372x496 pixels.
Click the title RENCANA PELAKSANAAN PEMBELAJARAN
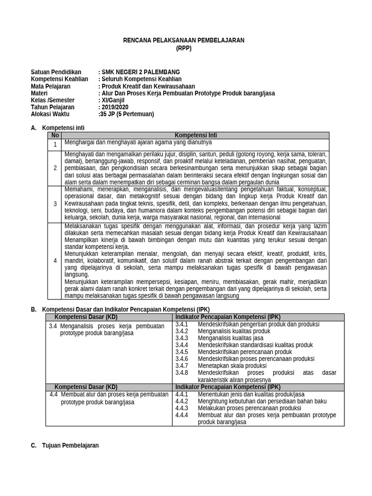tap(184, 40)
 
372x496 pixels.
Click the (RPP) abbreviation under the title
tap(184, 48)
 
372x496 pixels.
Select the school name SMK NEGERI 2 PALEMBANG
tap(140, 72)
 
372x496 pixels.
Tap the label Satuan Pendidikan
tap(56, 72)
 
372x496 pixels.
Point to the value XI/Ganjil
tap(112, 100)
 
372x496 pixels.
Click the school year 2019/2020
tap(114, 107)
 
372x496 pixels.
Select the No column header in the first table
tap(55, 136)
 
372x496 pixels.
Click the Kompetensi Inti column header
tap(196, 136)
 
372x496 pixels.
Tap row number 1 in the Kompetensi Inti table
tap(55, 144)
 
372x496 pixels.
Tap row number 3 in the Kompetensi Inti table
tap(55, 204)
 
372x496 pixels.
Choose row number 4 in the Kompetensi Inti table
tap(55, 261)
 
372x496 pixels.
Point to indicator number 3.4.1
tap(182, 324)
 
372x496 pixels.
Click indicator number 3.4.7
tap(182, 366)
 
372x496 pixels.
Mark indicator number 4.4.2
tap(182, 401)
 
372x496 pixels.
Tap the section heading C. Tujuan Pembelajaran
tap(64, 445)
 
